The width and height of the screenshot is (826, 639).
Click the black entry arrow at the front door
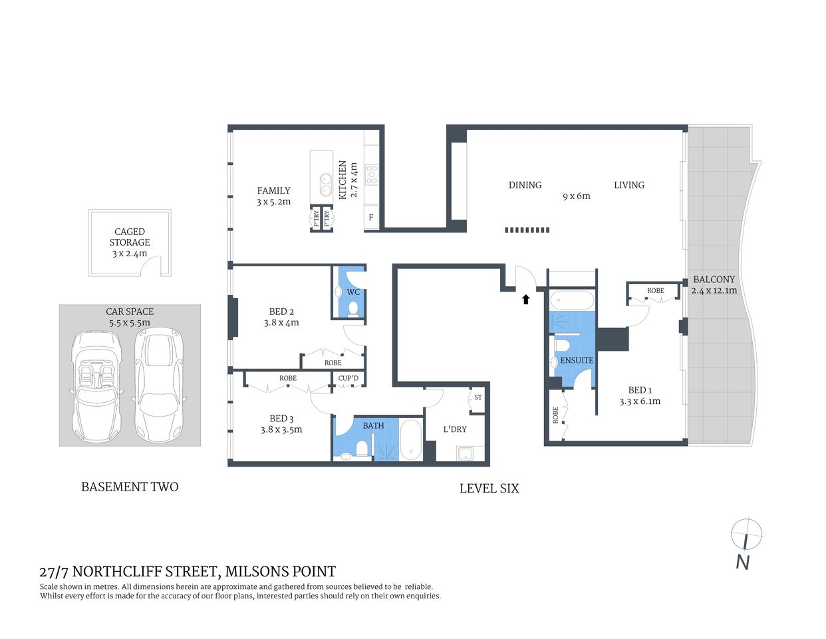[525, 299]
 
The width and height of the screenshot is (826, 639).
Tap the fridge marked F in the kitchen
[371, 217]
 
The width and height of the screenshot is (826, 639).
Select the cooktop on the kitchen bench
[371, 174]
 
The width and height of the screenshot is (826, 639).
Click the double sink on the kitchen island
[326, 184]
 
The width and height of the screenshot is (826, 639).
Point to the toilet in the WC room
[353, 308]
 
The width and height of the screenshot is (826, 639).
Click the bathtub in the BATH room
[410, 439]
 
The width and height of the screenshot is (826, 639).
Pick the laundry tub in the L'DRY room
[465, 454]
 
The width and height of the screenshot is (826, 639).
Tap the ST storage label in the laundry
[478, 397]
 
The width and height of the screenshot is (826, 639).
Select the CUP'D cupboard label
[348, 379]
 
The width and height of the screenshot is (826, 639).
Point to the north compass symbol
[746, 534]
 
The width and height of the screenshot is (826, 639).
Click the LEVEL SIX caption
[489, 488]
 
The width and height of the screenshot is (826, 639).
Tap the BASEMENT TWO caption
[130, 487]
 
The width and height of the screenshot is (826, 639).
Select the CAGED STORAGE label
[130, 237]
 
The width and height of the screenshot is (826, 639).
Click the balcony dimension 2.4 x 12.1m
[714, 290]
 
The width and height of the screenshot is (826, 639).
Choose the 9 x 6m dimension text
[577, 196]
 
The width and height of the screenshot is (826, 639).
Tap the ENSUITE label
[577, 360]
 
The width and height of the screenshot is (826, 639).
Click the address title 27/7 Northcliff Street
[188, 571]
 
